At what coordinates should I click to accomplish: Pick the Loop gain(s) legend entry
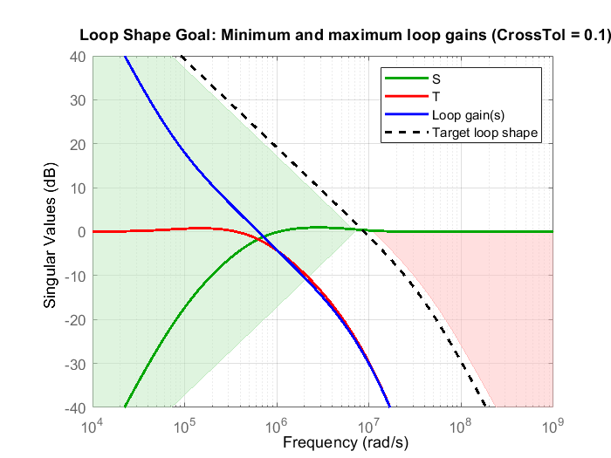point(463,115)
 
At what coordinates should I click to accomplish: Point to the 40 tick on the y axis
point(76,56)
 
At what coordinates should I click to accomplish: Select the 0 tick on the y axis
point(79,232)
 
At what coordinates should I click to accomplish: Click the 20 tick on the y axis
point(76,144)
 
